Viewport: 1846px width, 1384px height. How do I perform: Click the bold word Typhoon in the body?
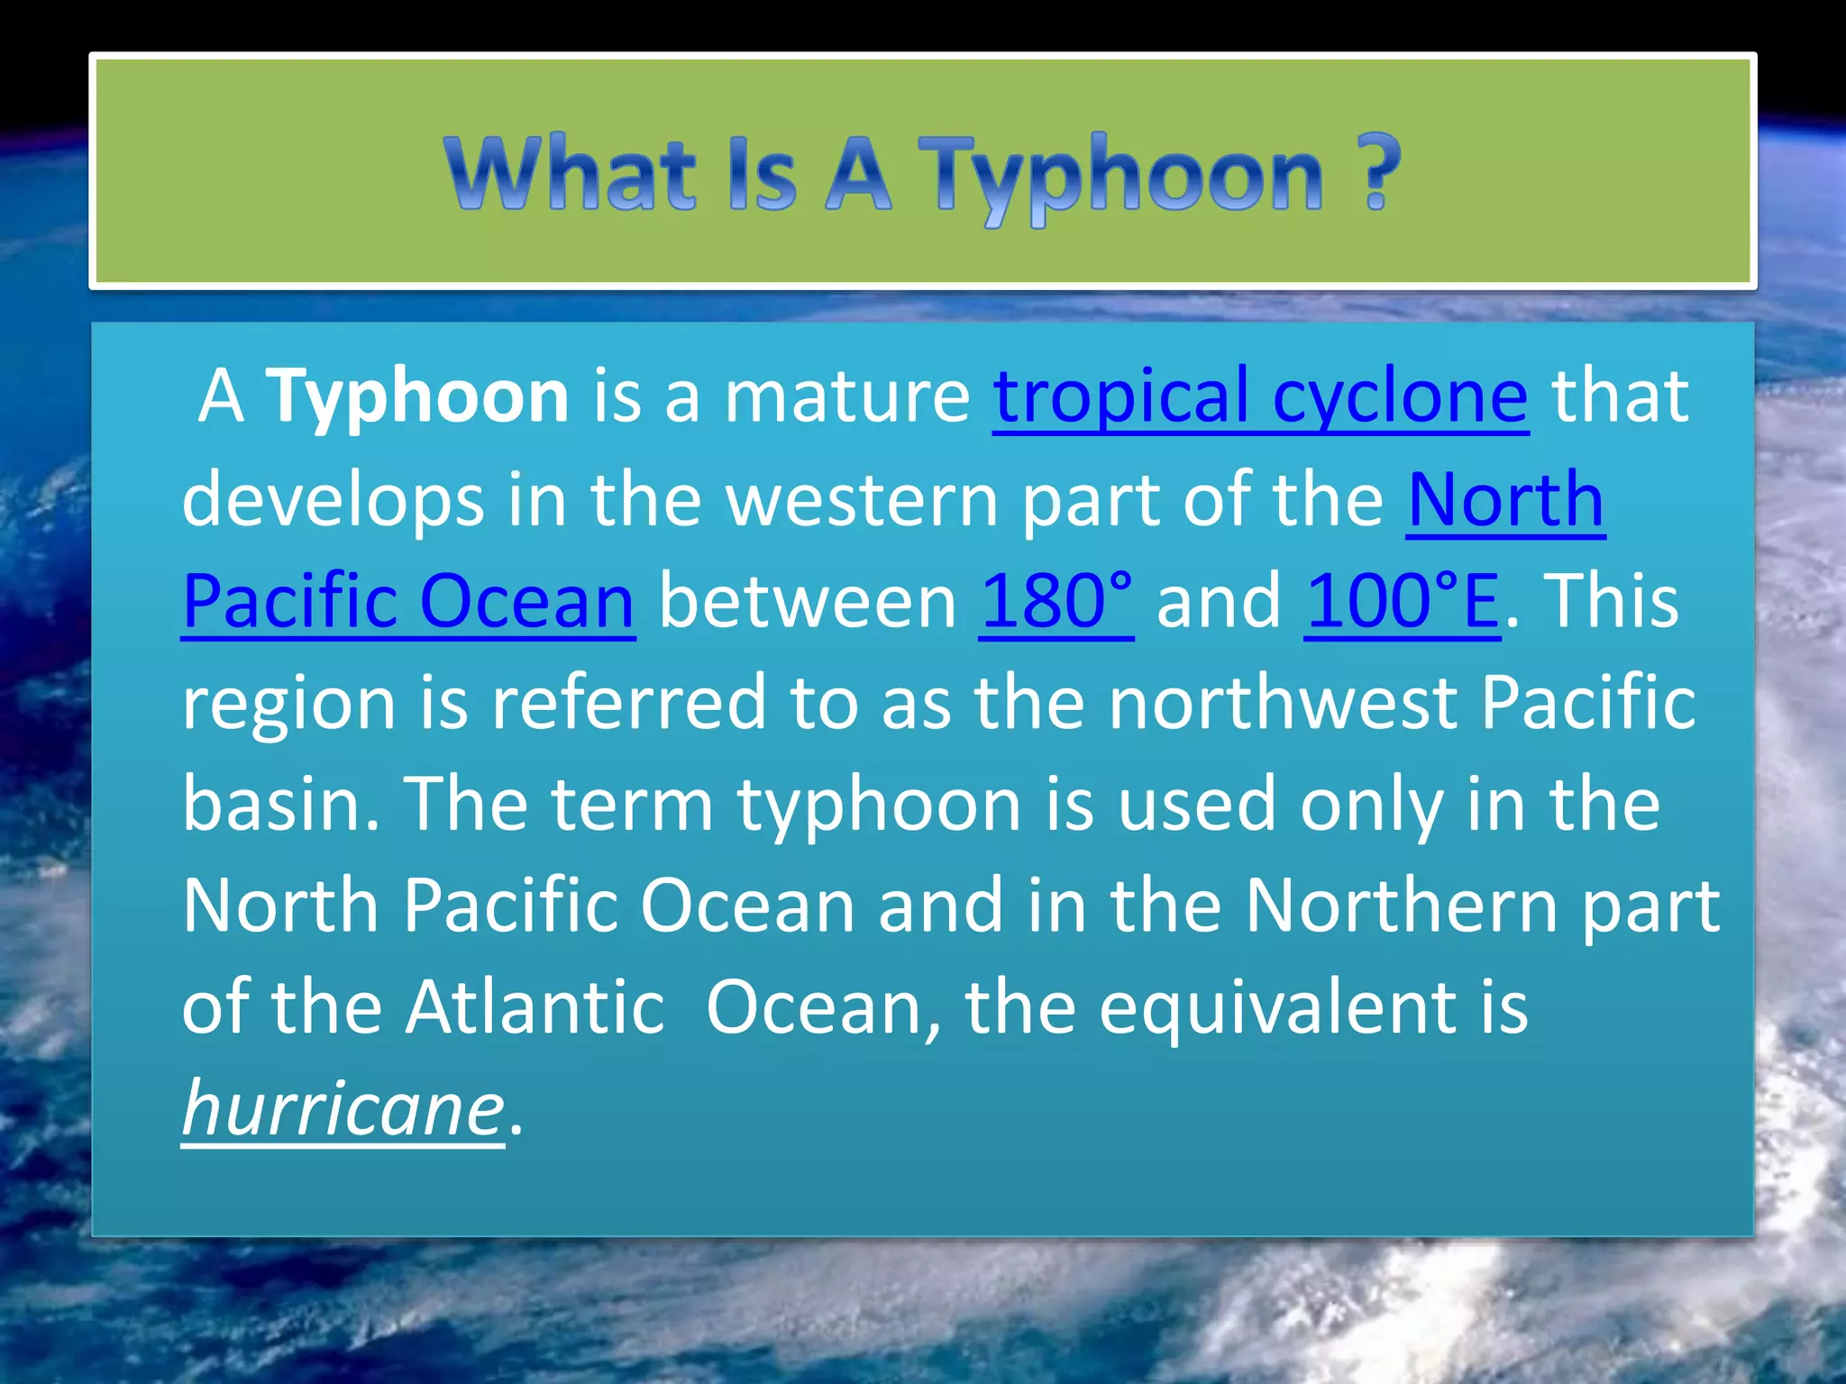point(418,396)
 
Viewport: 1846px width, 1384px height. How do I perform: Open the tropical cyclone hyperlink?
point(1260,396)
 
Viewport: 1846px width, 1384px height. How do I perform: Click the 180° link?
point(1056,601)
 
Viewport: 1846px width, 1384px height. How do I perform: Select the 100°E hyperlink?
point(1402,601)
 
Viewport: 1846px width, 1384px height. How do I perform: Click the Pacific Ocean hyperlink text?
point(408,601)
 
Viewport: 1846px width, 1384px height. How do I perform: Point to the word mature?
point(847,396)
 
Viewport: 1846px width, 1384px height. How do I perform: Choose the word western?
point(863,500)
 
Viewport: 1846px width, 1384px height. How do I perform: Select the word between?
point(808,601)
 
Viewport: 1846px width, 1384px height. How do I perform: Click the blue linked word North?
point(1505,500)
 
